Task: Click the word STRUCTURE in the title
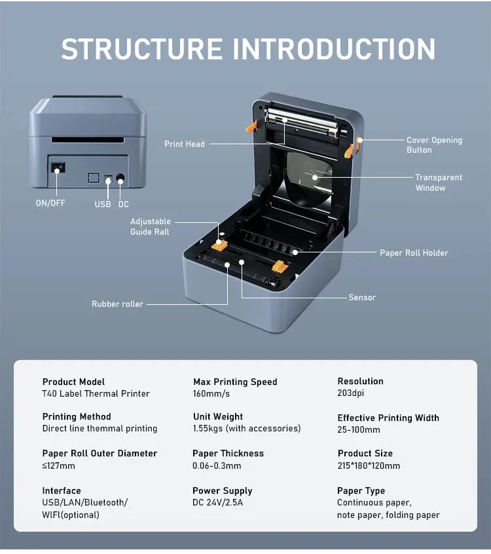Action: point(141,50)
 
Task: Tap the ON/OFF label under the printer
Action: point(50,203)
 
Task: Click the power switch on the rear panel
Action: point(58,168)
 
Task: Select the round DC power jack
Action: point(120,178)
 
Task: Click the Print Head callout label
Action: point(185,144)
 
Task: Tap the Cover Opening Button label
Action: point(434,145)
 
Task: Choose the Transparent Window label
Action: point(439,183)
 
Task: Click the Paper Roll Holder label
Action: point(414,252)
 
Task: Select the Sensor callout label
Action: point(362,298)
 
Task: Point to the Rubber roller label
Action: point(117,304)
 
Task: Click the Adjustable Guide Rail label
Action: point(150,227)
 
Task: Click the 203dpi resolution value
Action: point(352,393)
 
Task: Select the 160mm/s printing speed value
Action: point(211,394)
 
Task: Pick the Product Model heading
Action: point(73,382)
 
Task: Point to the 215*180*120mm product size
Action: point(369,465)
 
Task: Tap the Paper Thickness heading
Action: point(228,454)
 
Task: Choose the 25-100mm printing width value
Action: point(358,430)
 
